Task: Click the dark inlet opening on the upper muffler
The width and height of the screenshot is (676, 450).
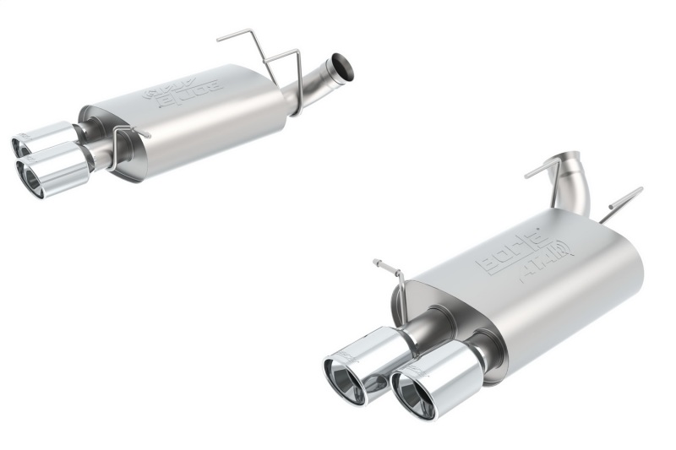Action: (x=342, y=66)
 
